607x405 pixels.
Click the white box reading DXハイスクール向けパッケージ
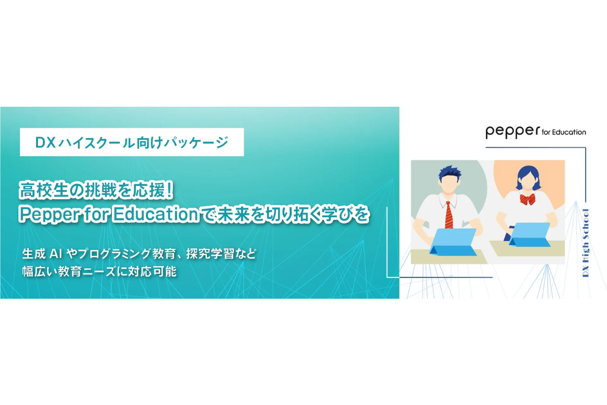[132, 142]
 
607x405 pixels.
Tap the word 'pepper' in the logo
[513, 132]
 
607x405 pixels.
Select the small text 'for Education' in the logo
[564, 132]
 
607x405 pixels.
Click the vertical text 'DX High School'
[586, 243]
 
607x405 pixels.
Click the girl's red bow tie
[527, 199]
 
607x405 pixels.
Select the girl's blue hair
[528, 176]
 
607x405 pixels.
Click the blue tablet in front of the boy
[453, 241]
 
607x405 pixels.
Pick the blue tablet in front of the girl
[529, 234]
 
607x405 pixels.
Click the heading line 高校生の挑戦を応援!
[96, 190]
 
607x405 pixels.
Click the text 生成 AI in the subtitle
[42, 254]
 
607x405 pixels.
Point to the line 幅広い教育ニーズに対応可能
[100, 271]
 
